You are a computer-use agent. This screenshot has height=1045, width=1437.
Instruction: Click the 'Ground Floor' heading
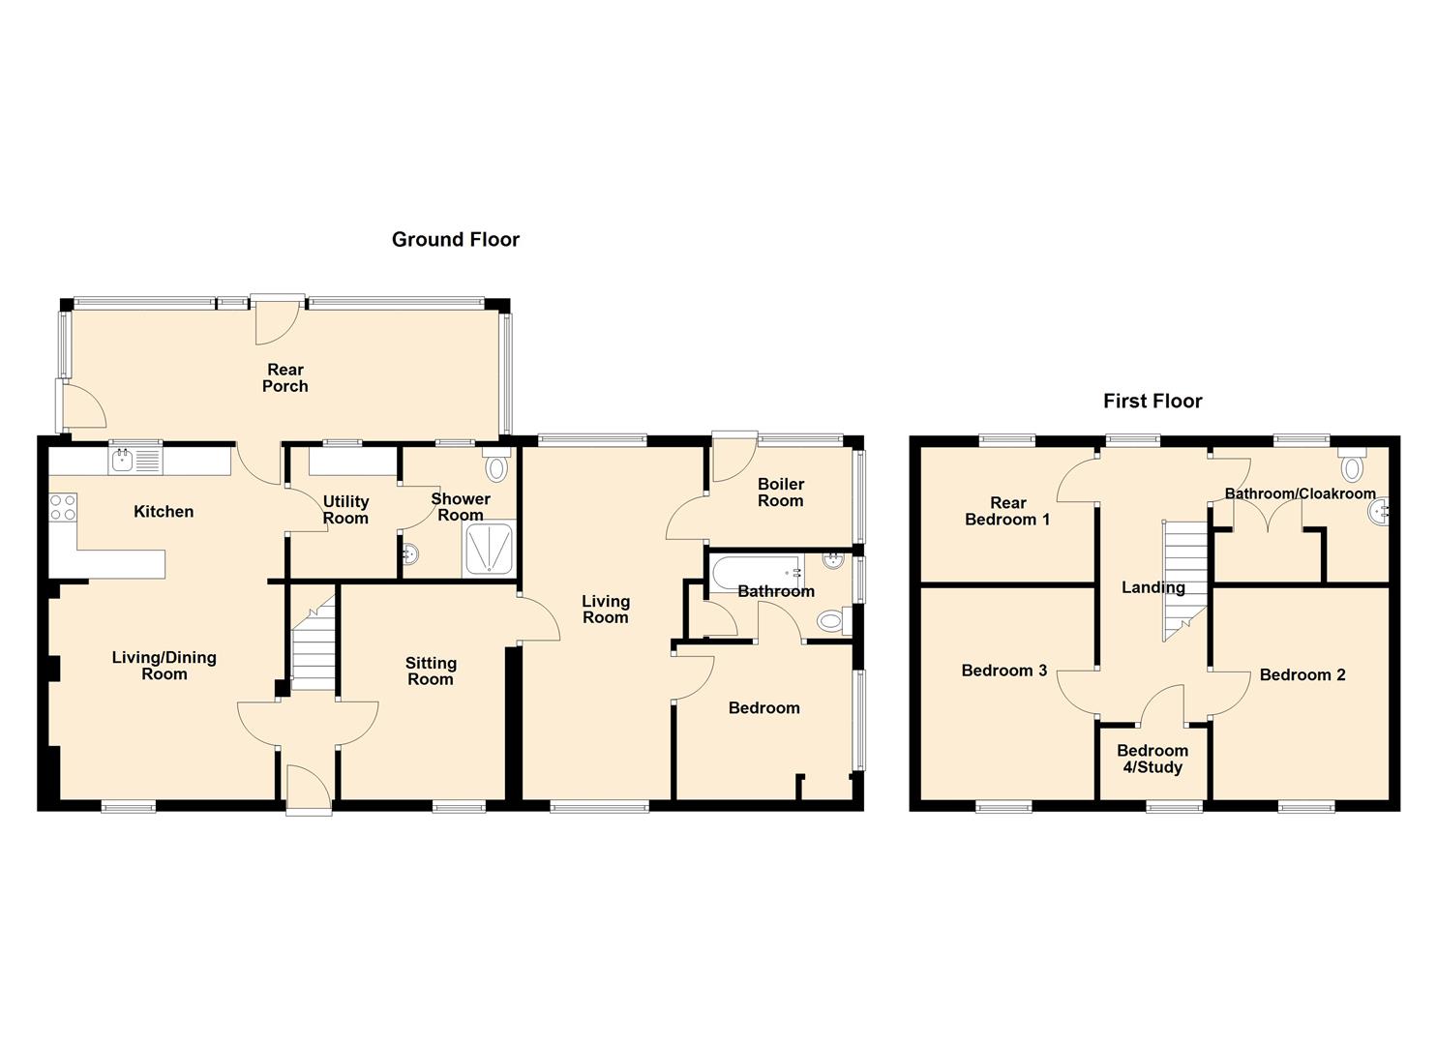click(x=455, y=240)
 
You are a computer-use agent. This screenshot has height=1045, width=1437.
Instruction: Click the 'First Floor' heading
click(x=1153, y=402)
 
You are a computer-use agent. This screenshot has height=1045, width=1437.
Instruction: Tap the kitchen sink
click(x=135, y=461)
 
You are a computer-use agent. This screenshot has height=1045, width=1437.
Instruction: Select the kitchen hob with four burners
click(x=63, y=507)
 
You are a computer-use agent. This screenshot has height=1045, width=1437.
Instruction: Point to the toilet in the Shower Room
click(x=496, y=467)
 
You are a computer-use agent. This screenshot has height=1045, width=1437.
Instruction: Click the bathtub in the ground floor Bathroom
click(x=756, y=573)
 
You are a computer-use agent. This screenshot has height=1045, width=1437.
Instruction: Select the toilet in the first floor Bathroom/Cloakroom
click(x=1352, y=467)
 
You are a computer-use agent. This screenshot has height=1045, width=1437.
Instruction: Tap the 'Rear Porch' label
click(x=285, y=377)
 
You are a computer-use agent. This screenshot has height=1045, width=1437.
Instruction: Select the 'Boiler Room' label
click(x=780, y=493)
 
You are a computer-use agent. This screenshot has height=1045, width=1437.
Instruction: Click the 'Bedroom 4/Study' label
click(x=1152, y=759)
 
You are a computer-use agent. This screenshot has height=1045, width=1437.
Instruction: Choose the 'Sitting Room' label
click(x=431, y=671)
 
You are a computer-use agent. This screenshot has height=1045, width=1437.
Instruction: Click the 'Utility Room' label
click(x=345, y=509)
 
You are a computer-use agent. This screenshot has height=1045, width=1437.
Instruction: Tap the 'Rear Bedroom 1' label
click(x=1007, y=511)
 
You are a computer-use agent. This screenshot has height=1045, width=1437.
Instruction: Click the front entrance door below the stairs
click(x=309, y=789)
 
